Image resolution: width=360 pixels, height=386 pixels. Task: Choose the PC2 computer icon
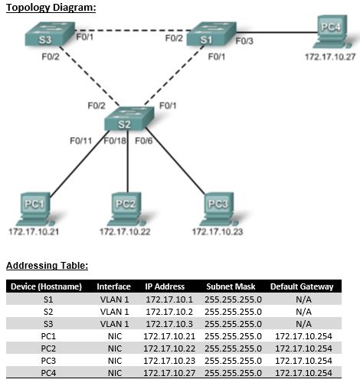pos(124,206)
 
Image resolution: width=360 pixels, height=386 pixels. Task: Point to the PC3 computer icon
pos(218,206)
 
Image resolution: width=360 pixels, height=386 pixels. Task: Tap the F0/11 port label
pos(80,141)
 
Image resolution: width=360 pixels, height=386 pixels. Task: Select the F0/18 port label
pos(116,141)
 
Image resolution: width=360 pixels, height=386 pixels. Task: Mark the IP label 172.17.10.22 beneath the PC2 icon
pos(124,231)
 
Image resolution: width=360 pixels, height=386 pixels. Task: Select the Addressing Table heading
pos(47,267)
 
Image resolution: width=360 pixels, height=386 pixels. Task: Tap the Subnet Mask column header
pos(229,286)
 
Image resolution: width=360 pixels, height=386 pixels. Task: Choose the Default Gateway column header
pos(302,286)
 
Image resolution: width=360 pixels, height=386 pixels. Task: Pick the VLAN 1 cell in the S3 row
pos(113,324)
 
